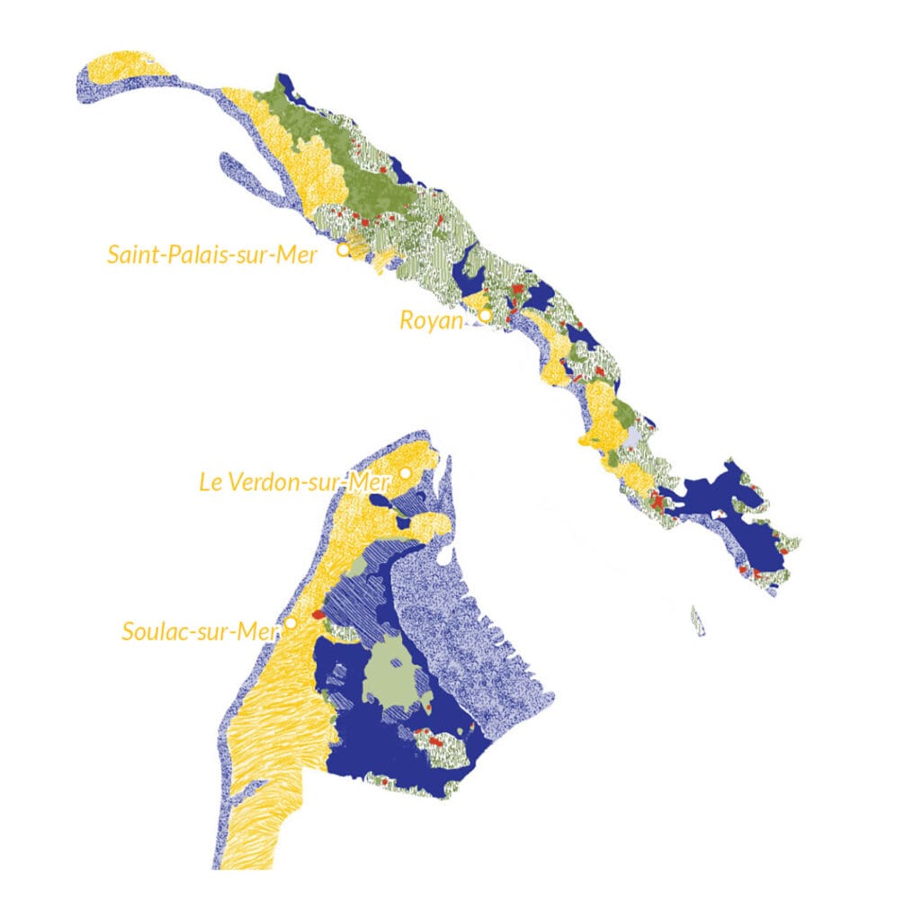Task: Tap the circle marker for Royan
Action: point(485,316)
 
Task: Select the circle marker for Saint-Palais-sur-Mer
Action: point(343,250)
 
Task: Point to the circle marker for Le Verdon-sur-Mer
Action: point(406,473)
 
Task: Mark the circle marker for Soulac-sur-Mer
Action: point(291,622)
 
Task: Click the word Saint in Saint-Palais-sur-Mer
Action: point(136,255)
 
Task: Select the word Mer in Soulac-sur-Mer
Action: point(260,631)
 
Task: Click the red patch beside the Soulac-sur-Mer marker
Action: point(317,614)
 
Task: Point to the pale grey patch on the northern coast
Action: point(637,438)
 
